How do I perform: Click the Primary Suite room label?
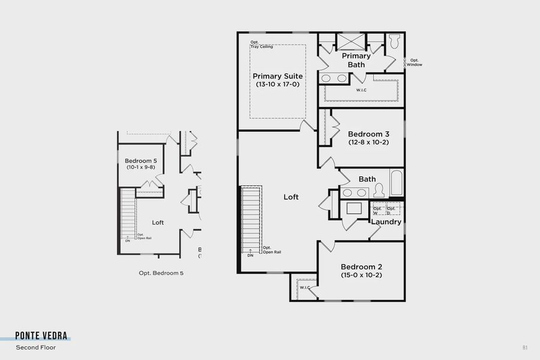(x=277, y=76)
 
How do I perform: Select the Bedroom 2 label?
(x=361, y=267)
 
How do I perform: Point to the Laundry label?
(x=386, y=222)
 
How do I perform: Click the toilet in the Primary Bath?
(x=394, y=42)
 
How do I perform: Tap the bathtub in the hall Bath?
(x=397, y=182)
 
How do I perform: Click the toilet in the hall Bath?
(x=379, y=191)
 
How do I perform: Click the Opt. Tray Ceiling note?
(x=261, y=45)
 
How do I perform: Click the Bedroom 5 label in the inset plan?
(x=141, y=161)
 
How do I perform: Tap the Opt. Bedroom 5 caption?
(x=161, y=273)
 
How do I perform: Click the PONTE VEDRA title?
(x=41, y=336)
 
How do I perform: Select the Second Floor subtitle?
(x=37, y=347)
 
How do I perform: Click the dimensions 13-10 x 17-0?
(x=277, y=85)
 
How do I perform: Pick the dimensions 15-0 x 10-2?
(x=361, y=275)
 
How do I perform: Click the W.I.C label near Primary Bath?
(x=361, y=91)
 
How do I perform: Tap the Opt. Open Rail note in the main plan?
(x=271, y=250)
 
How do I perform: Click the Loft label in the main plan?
(x=291, y=197)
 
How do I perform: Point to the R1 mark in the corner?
(x=525, y=347)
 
